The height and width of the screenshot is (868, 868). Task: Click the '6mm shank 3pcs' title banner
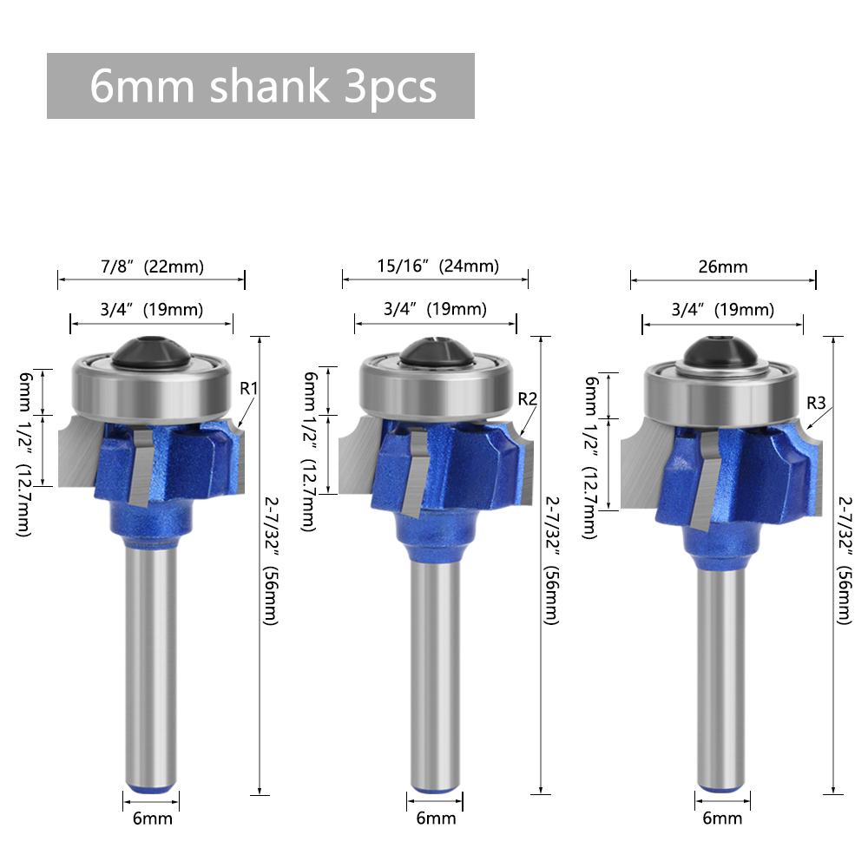coord(260,86)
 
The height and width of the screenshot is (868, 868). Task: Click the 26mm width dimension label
coord(723,266)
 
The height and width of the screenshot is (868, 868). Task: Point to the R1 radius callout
coord(249,388)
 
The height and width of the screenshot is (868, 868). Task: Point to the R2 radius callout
coord(528,398)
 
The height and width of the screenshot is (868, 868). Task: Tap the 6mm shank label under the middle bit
coord(436,818)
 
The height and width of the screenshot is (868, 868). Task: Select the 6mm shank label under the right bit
coord(722,818)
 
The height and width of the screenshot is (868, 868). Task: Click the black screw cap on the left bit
coord(151,352)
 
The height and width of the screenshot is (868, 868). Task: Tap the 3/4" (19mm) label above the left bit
coord(150,309)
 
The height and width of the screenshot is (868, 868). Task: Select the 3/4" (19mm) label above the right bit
coord(722,310)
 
